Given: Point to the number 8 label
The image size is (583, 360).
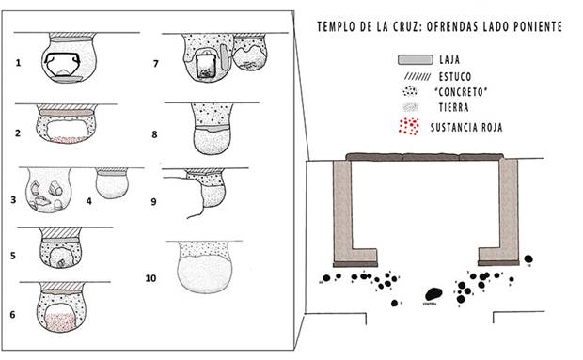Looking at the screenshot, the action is coord(153,134).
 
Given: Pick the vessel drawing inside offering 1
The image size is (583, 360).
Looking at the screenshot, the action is coord(64,65).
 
